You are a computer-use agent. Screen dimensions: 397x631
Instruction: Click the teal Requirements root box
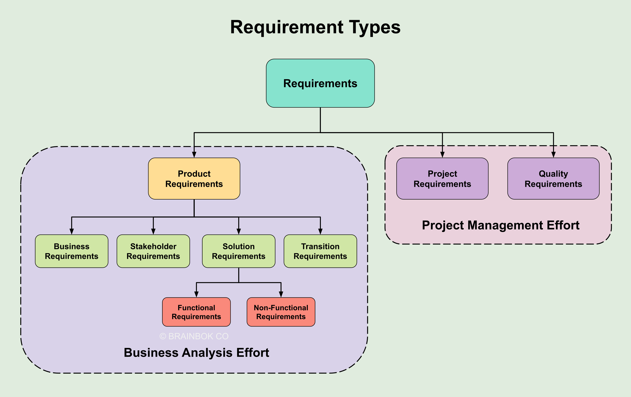click(x=320, y=83)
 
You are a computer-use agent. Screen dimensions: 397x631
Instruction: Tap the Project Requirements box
click(x=442, y=179)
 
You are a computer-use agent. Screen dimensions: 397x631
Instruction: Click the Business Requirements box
click(x=71, y=251)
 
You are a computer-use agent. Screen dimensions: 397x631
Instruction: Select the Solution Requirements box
click(x=238, y=251)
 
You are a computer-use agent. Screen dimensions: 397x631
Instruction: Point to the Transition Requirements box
click(x=320, y=251)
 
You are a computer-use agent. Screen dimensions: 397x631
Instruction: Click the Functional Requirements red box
click(x=196, y=312)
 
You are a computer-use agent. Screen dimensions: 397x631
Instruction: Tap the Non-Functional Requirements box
click(x=281, y=312)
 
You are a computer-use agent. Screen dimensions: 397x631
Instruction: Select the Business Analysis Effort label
click(x=196, y=353)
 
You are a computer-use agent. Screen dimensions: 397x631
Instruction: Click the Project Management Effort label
click(x=501, y=225)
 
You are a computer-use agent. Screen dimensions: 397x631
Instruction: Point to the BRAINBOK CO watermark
click(x=194, y=336)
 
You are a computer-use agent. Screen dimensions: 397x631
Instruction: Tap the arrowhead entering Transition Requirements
click(x=320, y=231)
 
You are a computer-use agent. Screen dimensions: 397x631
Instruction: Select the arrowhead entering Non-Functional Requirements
click(x=281, y=294)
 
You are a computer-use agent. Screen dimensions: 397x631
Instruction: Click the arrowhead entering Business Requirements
click(x=71, y=231)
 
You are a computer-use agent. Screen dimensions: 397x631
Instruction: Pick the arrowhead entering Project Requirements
click(x=442, y=154)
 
